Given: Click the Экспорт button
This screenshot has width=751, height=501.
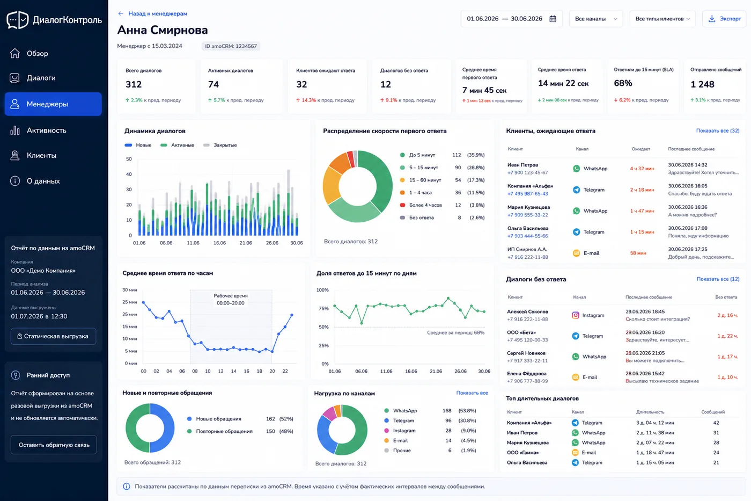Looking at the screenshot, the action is (x=724, y=19).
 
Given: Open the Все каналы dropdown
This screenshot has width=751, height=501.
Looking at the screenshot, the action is (x=596, y=19).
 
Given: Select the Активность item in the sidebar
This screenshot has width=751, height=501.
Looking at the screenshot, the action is (x=46, y=130).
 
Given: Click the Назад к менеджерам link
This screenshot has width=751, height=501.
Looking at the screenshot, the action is (x=152, y=13).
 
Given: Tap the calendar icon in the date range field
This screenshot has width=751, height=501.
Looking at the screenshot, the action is (x=553, y=19).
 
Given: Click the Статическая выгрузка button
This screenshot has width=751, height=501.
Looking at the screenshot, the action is (x=53, y=336).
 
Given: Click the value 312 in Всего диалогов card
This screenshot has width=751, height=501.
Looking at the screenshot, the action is (x=134, y=84).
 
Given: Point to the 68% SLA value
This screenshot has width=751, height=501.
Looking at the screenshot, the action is (x=623, y=83).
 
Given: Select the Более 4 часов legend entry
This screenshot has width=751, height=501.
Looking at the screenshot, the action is (x=421, y=205).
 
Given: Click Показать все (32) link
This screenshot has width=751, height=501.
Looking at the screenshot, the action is (x=718, y=130).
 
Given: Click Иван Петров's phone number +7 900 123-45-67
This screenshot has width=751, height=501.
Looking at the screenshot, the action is (x=527, y=172).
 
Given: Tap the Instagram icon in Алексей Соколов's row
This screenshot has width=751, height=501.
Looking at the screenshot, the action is (x=575, y=315).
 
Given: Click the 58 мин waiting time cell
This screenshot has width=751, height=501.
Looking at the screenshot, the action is (x=638, y=253).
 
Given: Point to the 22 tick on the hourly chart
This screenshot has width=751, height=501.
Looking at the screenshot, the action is (x=285, y=371).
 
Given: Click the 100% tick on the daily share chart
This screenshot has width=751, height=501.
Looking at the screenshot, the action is (x=322, y=290).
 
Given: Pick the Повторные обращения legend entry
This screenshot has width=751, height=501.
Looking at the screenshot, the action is (x=220, y=431).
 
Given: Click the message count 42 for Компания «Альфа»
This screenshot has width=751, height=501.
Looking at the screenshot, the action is (x=716, y=423).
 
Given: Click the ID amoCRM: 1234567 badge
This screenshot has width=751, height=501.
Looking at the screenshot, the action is (x=231, y=46).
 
